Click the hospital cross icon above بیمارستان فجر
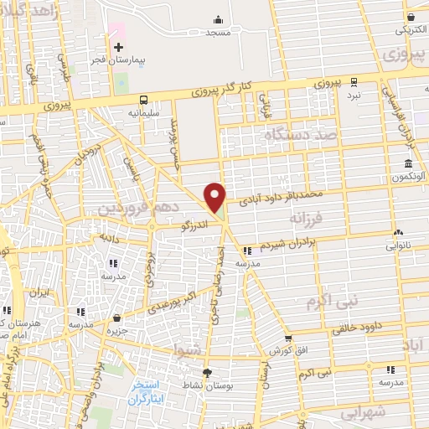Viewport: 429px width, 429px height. pos(119,47)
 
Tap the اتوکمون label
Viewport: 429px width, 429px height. pos(407,178)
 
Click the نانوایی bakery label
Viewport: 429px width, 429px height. pos(397,246)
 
